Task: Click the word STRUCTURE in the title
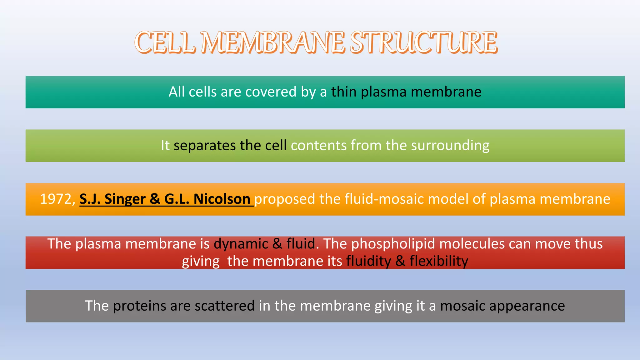pos(423,42)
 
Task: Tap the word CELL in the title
pos(165,42)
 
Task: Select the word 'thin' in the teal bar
pos(344,92)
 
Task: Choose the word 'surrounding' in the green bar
pos(450,146)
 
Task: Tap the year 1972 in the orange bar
pos(56,199)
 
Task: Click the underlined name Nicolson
pos(222,199)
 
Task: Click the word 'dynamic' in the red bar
pos(241,244)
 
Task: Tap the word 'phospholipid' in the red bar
pos(393,244)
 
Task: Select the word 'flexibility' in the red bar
pos(439,261)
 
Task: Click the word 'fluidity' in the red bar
pos(368,261)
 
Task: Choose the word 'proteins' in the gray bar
pos(139,306)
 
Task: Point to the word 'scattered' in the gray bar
pos(225,306)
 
